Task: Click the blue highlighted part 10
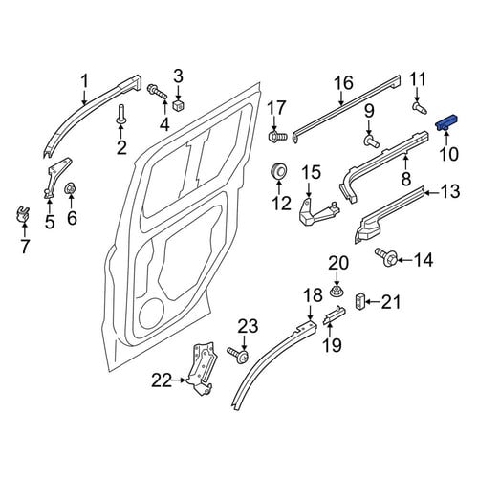(446, 122)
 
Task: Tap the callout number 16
(344, 83)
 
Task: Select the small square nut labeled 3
(180, 105)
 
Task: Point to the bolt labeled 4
(157, 92)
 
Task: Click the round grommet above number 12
(278, 171)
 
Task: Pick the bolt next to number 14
(386, 257)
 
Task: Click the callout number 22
(162, 381)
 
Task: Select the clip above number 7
(23, 214)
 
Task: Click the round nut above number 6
(70, 189)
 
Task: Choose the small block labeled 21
(359, 301)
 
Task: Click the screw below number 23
(238, 355)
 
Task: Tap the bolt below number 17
(277, 137)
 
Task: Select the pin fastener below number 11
(419, 107)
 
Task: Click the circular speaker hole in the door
(152, 313)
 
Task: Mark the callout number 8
(406, 179)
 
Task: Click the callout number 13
(450, 192)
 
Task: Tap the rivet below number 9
(371, 141)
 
